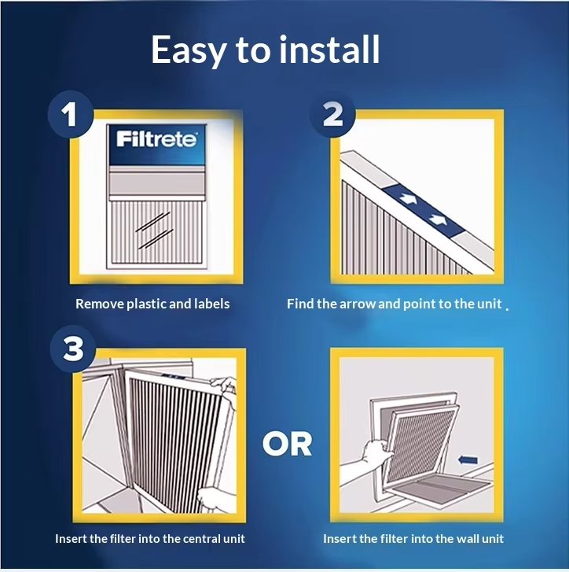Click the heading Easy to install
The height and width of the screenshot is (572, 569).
pos(266,50)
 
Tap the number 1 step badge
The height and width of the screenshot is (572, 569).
pos(70,115)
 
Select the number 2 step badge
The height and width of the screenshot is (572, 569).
pos(332,115)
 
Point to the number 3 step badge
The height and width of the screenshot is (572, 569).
pos(73,349)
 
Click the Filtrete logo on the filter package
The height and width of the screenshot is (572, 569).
pos(156,140)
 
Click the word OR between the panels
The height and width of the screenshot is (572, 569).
pos(287,444)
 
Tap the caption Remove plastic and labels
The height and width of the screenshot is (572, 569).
pos(152,304)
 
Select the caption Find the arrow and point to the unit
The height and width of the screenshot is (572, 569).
pos(395,304)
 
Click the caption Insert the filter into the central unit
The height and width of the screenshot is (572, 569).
pos(150,538)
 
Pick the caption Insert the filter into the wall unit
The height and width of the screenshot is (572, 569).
pos(413,538)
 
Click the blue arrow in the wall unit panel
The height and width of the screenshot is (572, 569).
pos(468,460)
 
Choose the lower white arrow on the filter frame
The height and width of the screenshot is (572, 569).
pos(437,219)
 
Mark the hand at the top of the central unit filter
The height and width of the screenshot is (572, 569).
pos(225,386)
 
